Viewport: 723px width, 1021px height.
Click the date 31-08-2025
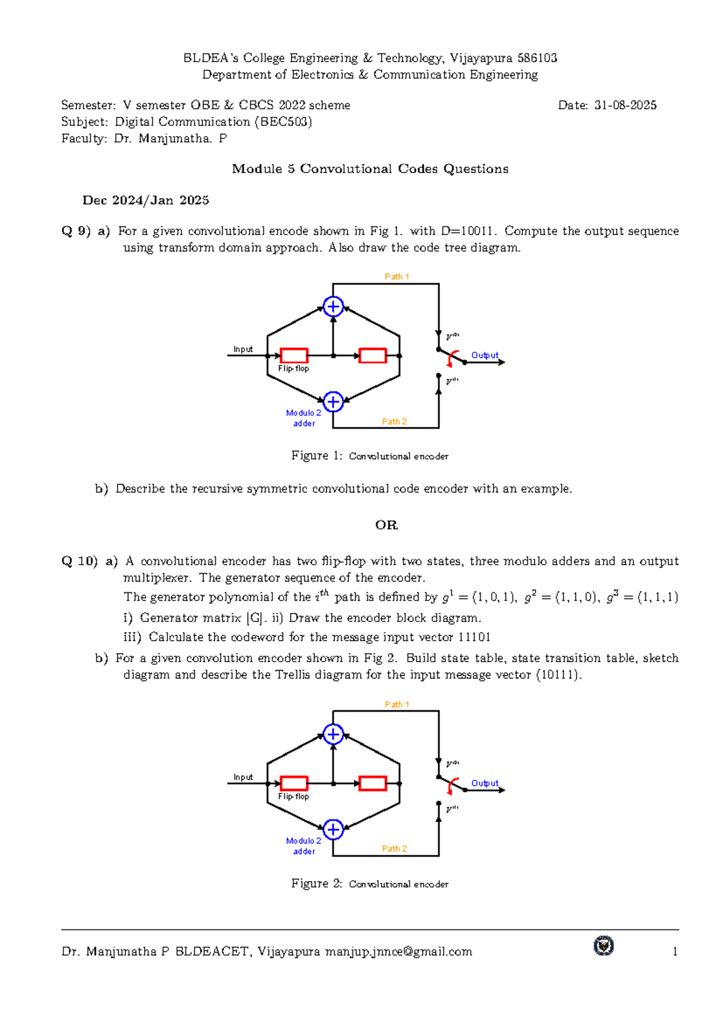(x=625, y=105)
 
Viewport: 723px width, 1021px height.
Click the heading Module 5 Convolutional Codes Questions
(x=370, y=169)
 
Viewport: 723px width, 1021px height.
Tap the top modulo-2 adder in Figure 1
(x=333, y=306)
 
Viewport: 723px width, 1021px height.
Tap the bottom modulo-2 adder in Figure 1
(x=333, y=402)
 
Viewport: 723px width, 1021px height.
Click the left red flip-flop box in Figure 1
(x=294, y=355)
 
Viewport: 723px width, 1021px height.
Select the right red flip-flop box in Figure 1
(x=372, y=355)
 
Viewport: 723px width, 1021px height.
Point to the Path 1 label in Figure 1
(x=397, y=276)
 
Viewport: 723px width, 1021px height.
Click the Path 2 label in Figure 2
(x=395, y=849)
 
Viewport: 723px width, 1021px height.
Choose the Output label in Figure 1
(x=484, y=355)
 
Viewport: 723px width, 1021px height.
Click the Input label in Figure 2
(x=243, y=777)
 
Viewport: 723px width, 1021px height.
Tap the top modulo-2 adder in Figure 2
(x=333, y=734)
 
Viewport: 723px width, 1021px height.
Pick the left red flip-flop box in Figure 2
(x=294, y=783)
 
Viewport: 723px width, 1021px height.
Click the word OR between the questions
(x=386, y=525)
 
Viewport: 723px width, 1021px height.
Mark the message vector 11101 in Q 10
(x=474, y=637)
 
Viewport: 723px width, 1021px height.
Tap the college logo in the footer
(x=603, y=946)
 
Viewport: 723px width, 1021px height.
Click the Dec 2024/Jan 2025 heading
(x=146, y=200)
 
